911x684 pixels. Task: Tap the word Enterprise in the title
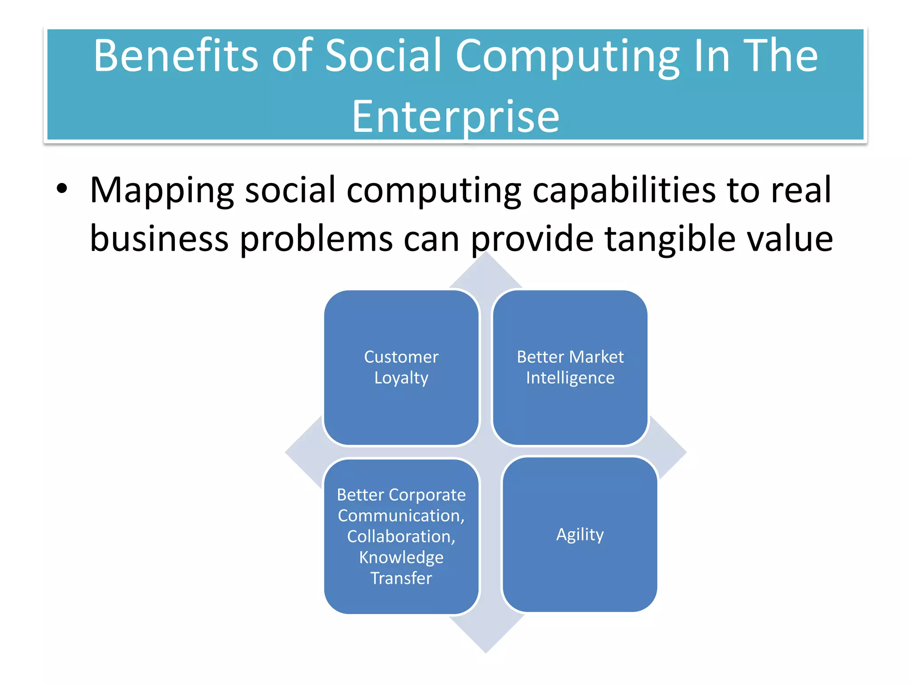(x=455, y=117)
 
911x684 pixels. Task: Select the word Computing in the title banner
(x=567, y=57)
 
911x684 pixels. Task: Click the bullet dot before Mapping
(x=62, y=189)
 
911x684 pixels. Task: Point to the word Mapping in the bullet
(x=161, y=191)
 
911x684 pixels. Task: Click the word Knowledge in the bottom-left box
(x=401, y=558)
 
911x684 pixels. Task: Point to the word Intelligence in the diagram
(x=570, y=378)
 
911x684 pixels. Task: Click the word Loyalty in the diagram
(x=401, y=378)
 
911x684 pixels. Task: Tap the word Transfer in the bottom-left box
(x=401, y=578)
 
